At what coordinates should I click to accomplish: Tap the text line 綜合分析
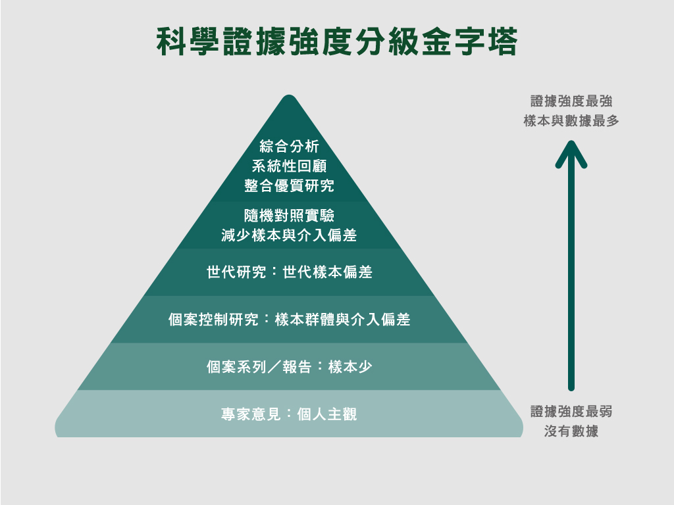(289, 145)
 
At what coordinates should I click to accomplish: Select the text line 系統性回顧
(289, 166)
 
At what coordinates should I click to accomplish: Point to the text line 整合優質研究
(289, 186)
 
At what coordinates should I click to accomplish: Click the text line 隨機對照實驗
(289, 215)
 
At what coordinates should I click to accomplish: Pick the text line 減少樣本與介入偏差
(289, 235)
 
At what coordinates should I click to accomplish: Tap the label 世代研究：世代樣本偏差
(289, 272)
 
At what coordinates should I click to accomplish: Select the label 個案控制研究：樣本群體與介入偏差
(289, 320)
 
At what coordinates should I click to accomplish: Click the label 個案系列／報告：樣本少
(289, 367)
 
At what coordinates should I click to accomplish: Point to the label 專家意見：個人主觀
(289, 414)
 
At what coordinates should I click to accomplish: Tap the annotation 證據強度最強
(571, 101)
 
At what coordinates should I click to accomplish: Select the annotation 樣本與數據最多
(571, 121)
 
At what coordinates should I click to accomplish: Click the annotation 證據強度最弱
(571, 412)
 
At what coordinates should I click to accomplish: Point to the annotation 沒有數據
(571, 432)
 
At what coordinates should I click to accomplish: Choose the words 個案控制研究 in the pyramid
(207, 320)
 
